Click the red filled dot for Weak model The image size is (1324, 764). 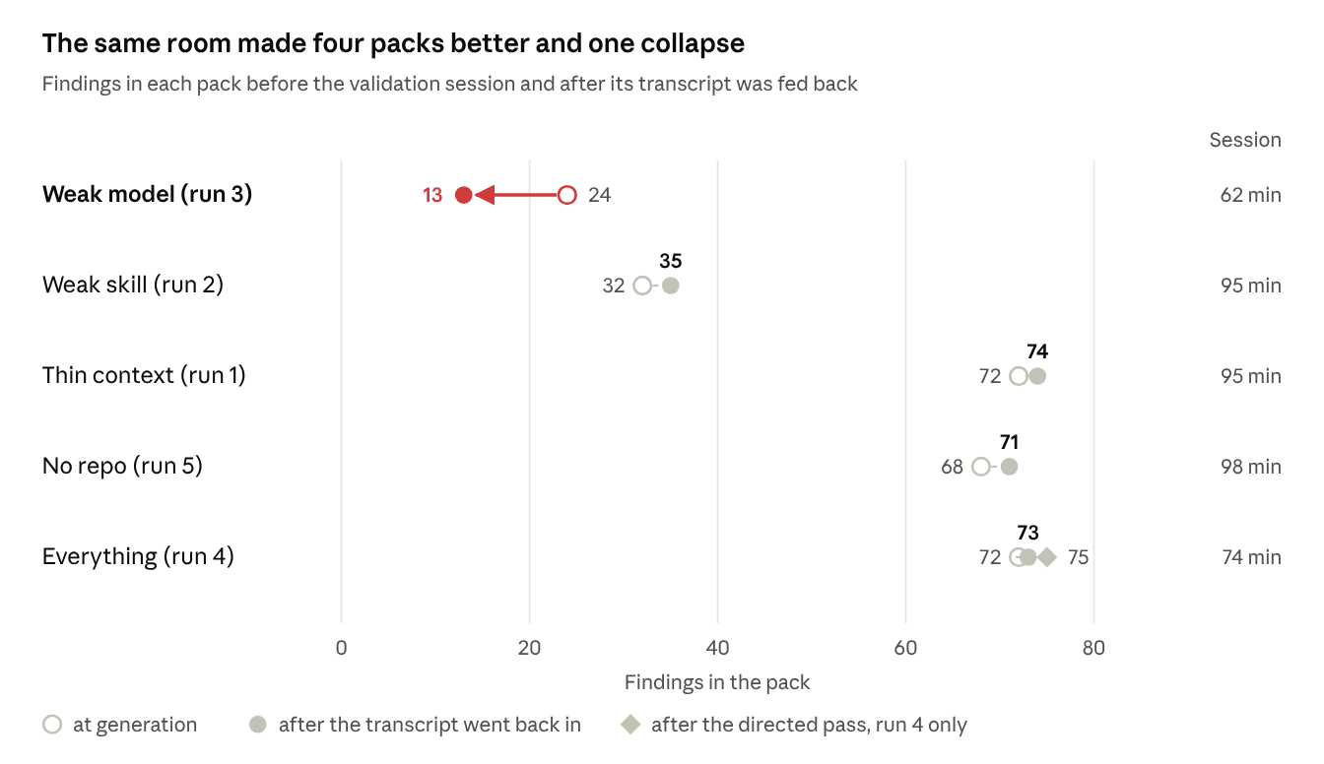click(x=463, y=195)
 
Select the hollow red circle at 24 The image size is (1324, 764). click(x=566, y=195)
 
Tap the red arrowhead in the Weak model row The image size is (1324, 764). click(x=485, y=195)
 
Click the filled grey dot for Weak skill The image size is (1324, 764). click(x=670, y=286)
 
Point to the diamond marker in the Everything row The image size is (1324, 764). click(x=1047, y=557)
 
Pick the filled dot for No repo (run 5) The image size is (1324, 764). click(x=1009, y=467)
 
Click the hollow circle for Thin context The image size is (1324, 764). click(x=1019, y=376)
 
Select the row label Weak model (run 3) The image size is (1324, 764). click(x=147, y=194)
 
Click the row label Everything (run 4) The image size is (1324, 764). click(x=138, y=556)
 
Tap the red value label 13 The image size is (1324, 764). click(x=432, y=195)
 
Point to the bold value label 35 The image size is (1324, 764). click(x=670, y=261)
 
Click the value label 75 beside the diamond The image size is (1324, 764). click(x=1078, y=557)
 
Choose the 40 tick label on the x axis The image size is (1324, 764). click(x=717, y=648)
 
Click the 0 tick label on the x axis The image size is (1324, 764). click(x=341, y=648)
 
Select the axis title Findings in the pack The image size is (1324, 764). click(x=717, y=682)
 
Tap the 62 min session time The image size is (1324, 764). click(x=1251, y=195)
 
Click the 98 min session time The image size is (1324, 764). click(x=1251, y=467)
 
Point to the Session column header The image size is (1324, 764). click(x=1245, y=140)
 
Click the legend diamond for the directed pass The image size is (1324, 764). click(x=630, y=725)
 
